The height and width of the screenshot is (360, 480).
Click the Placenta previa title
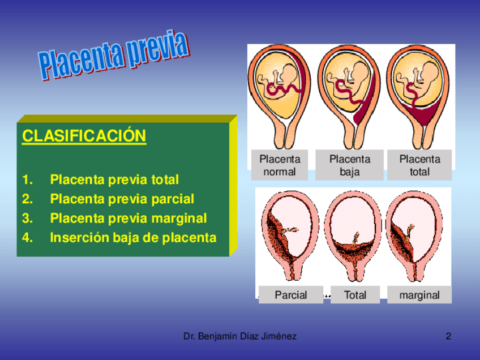click(x=114, y=55)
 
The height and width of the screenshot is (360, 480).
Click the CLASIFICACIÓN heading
click(x=84, y=136)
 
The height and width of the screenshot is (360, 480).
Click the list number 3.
click(x=27, y=218)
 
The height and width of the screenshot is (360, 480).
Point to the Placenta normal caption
click(x=280, y=165)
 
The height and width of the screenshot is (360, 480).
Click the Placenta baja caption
click(x=350, y=165)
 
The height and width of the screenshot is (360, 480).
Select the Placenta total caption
click(x=419, y=165)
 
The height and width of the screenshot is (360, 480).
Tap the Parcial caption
click(x=291, y=295)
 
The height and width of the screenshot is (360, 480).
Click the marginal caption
click(x=419, y=295)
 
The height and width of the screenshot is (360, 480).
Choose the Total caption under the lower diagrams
click(x=355, y=295)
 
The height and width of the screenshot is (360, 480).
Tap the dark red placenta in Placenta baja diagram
click(x=365, y=107)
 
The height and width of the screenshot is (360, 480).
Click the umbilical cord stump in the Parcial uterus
click(x=289, y=230)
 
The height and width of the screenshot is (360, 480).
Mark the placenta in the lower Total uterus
click(x=353, y=250)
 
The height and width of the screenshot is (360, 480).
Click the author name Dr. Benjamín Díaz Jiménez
click(x=239, y=336)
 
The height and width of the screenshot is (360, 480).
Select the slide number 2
click(x=448, y=336)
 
